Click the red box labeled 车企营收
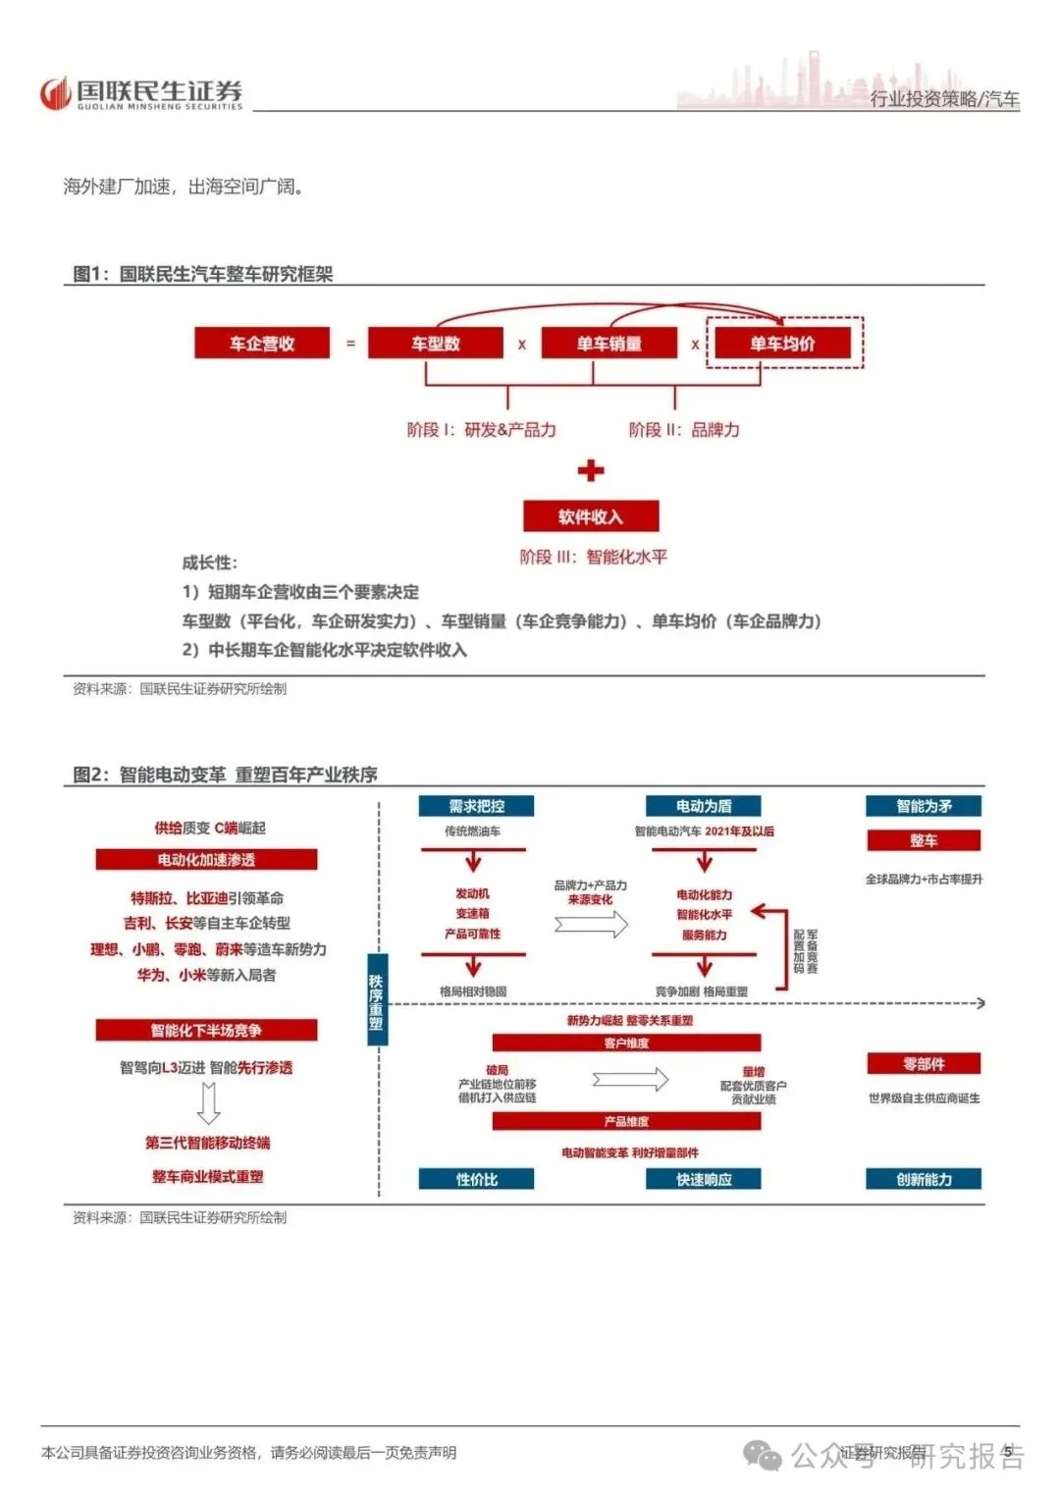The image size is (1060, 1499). tap(262, 344)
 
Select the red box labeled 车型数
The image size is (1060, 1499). tap(435, 344)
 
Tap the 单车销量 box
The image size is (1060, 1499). tap(609, 344)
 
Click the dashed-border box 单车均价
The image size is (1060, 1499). tap(783, 344)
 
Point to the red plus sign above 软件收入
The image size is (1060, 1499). tap(591, 471)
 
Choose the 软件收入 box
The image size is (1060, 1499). tap(591, 516)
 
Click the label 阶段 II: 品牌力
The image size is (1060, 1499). tap(684, 430)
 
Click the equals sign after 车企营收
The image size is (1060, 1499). tap(350, 344)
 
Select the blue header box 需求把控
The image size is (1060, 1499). tap(476, 806)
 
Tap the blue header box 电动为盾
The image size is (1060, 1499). tap(704, 806)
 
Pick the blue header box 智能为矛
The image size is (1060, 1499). tap(924, 806)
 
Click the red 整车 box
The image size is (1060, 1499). tap(924, 840)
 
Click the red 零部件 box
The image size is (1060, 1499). tap(924, 1064)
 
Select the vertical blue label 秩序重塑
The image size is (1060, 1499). tap(376, 1001)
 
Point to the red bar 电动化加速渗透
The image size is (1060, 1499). tap(206, 860)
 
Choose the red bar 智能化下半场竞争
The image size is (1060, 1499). tap(206, 1030)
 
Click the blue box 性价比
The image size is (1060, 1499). tap(476, 1179)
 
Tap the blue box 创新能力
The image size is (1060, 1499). tap(924, 1179)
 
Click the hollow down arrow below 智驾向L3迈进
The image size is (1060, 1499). tap(208, 1103)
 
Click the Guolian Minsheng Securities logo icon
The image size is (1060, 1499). tap(55, 93)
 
